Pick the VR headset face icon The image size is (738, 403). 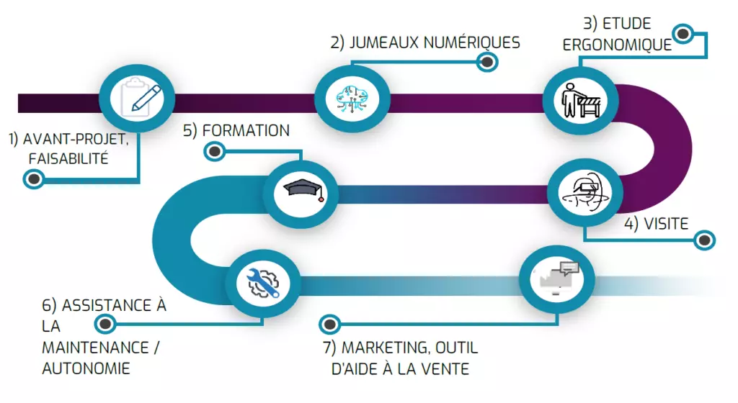584,191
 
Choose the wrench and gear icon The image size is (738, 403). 264,283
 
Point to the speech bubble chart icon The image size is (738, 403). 557,277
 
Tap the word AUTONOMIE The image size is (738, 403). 86,368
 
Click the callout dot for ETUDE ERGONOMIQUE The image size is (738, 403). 683,32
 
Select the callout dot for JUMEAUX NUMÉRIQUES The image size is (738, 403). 488,63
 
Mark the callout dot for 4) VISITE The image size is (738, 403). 704,240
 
